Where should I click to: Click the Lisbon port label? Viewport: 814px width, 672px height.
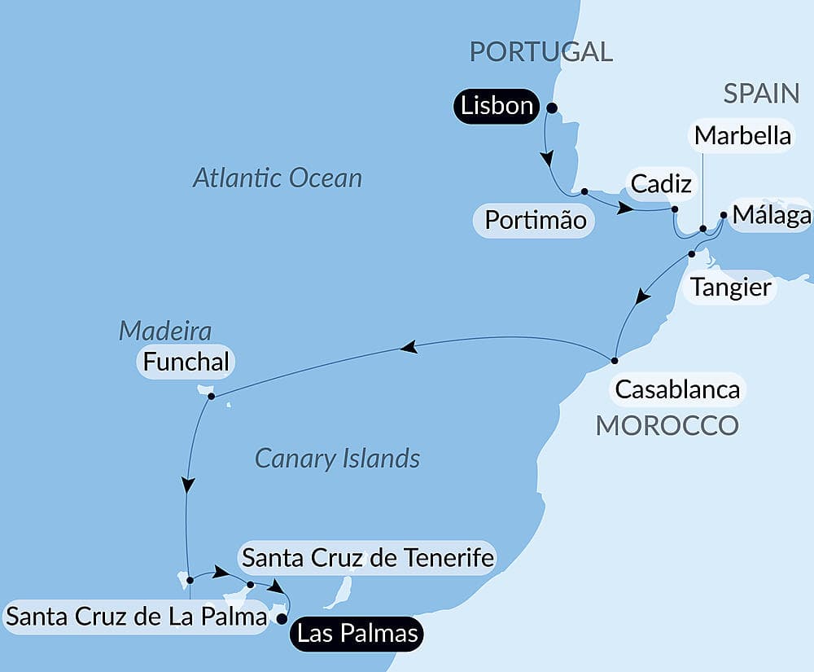pos(497,107)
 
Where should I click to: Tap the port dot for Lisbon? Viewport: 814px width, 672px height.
pos(551,108)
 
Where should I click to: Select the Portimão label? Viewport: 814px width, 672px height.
pos(536,220)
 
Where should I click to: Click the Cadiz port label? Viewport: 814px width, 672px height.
pos(661,184)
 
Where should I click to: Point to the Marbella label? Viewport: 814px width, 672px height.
pos(742,135)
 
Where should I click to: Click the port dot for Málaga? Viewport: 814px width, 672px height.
pos(724,216)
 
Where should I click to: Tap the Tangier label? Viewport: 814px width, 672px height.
pos(730,288)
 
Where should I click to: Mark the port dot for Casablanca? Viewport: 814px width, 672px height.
pos(615,360)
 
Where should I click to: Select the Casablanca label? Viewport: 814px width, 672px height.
pos(677,389)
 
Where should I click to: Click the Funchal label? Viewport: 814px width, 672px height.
pos(186,362)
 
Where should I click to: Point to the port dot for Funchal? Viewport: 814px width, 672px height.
pos(211,397)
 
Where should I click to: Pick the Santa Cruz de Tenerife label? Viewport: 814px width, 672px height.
pos(368,558)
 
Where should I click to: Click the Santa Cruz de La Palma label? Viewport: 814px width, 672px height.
pos(137,617)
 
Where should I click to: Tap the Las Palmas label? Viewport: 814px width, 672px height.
pos(358,633)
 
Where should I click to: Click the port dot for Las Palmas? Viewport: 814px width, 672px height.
pos(282,619)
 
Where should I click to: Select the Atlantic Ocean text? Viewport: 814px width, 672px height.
pos(278,178)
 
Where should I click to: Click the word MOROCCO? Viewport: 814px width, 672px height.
pos(667,425)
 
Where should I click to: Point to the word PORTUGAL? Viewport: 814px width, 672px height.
pos(541,52)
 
